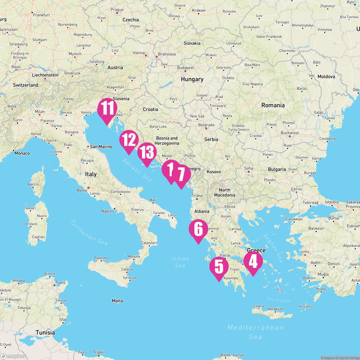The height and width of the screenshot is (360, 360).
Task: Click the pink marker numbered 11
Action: (x=107, y=109)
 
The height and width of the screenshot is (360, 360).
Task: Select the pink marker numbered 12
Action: (x=129, y=140)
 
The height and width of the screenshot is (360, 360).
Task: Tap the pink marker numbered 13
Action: (x=147, y=152)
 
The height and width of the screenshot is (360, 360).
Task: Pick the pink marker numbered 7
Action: (x=181, y=174)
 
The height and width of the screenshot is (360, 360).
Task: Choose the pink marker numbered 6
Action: (x=198, y=229)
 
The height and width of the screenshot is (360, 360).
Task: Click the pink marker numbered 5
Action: (x=219, y=267)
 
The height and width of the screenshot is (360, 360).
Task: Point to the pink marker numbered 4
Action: (x=253, y=261)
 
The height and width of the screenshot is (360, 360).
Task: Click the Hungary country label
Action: (x=192, y=79)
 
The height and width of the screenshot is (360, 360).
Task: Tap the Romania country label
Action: (x=273, y=105)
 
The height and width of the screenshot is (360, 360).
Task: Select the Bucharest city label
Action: (x=290, y=133)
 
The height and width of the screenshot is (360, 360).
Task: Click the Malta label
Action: (x=117, y=301)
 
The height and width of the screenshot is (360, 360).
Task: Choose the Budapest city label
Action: (x=185, y=68)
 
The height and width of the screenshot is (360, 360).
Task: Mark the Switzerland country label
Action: (x=25, y=85)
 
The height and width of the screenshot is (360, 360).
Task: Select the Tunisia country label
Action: (x=45, y=332)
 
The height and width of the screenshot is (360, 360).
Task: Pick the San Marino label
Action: (x=101, y=147)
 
